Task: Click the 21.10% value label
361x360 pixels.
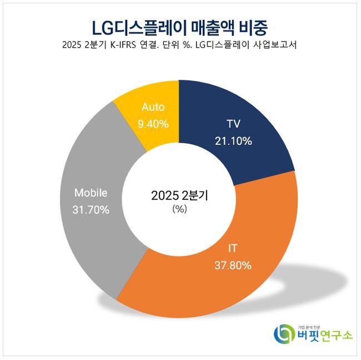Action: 233,141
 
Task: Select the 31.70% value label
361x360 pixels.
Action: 91,210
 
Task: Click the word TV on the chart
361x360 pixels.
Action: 233,124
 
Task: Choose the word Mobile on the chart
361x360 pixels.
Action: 91,193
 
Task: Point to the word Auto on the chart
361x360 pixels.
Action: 153,107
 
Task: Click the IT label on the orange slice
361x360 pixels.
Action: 233,248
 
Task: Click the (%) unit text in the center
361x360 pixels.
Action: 180,209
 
